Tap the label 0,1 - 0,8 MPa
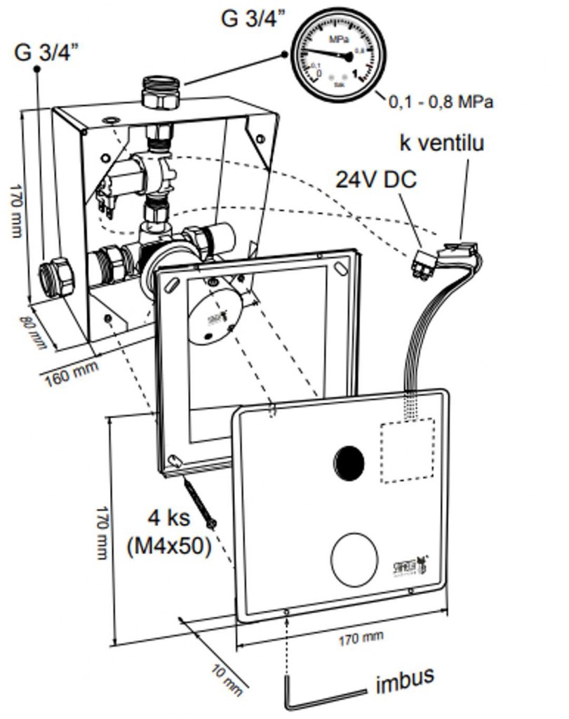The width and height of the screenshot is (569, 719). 441,103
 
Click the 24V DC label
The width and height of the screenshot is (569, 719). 375,180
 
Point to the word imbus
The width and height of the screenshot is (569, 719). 404,680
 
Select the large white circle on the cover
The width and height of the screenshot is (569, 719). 355,558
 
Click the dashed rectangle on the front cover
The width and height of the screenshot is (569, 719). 408,450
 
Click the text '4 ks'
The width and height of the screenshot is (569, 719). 168,520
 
